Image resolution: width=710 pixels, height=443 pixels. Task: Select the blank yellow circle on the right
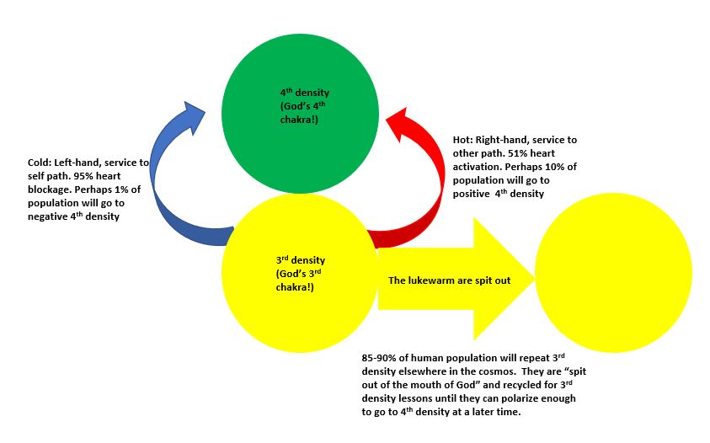[613, 274]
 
